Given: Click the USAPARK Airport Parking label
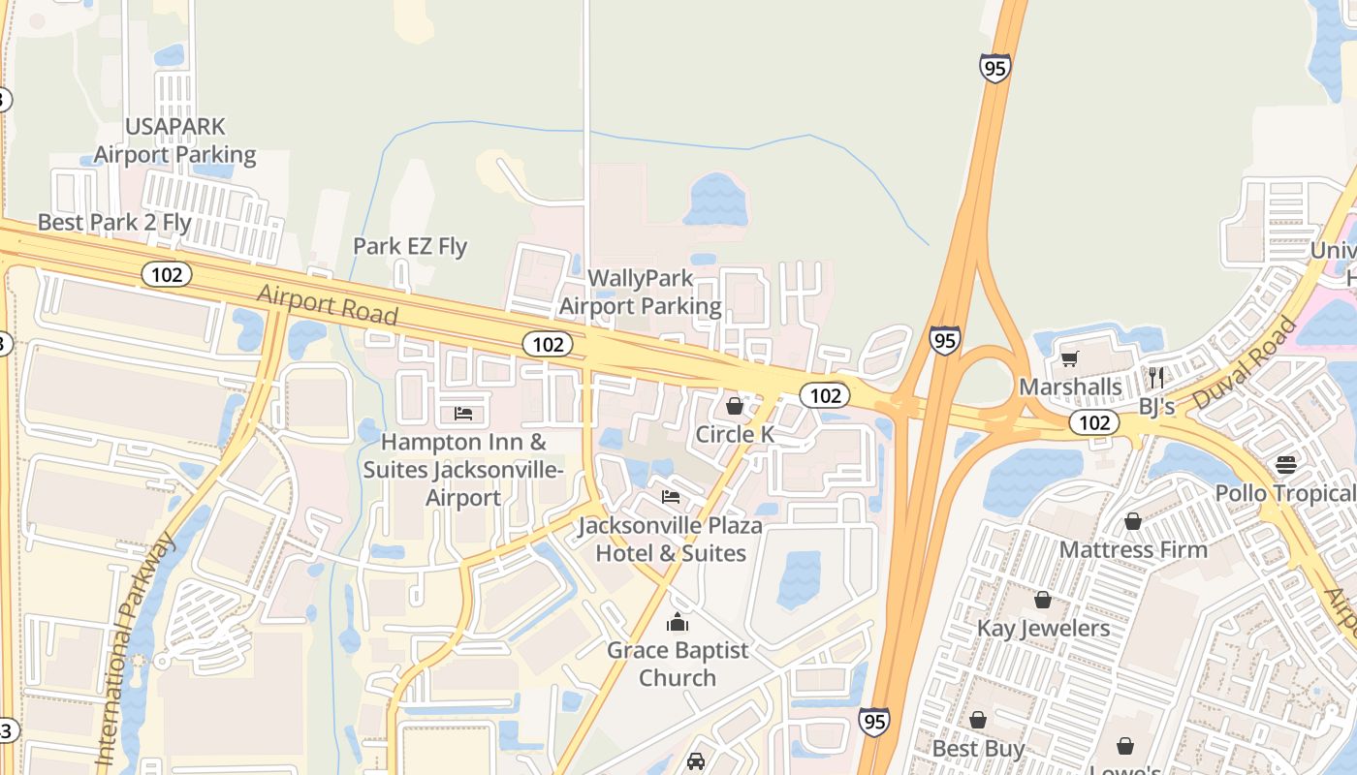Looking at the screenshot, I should click(175, 140).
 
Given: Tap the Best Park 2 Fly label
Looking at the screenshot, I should click(114, 222).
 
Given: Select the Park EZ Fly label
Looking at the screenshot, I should click(410, 246).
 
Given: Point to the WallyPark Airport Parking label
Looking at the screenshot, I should click(641, 293).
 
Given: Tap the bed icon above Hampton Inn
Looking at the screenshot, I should click(463, 414).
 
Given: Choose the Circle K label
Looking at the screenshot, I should click(735, 434).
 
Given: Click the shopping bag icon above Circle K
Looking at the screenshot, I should click(735, 405).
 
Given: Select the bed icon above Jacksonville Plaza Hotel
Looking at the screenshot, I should click(670, 497).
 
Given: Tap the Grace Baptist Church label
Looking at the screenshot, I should click(678, 664).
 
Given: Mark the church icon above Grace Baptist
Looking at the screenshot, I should click(678, 621).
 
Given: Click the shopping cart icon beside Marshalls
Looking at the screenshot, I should click(1070, 359).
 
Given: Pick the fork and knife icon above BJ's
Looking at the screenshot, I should click(1155, 377).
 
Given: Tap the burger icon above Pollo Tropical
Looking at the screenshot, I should click(1286, 464).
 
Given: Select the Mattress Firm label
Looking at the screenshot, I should click(1133, 549).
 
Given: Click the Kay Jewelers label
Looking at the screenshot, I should click(1043, 628).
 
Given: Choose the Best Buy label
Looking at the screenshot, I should click(978, 749).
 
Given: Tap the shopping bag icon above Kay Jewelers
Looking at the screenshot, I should click(1043, 600).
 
